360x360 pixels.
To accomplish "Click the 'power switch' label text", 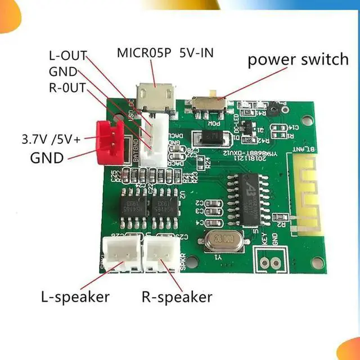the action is pos(298,59).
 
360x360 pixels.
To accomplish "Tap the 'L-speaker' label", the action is pos(75,296).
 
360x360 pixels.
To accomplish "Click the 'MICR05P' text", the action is pos(145,54).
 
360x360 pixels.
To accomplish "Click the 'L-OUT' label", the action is pos(67,56).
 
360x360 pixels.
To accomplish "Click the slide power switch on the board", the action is pos(209,103).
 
